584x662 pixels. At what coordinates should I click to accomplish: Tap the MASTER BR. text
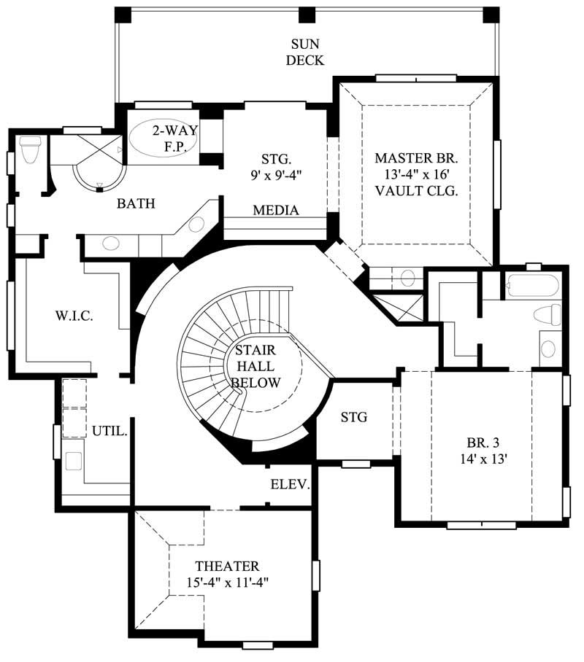[x=416, y=158]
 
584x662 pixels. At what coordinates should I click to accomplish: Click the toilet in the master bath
[x=31, y=150]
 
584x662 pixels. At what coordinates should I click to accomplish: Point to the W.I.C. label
[x=73, y=316]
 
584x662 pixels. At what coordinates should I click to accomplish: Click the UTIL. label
[x=109, y=431]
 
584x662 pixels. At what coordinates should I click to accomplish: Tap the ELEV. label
[x=291, y=485]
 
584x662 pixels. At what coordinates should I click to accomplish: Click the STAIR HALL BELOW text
[x=255, y=367]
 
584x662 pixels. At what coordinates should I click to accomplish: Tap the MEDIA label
[x=276, y=211]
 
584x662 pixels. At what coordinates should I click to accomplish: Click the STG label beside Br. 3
[x=354, y=418]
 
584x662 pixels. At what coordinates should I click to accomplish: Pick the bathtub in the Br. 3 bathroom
[x=531, y=285]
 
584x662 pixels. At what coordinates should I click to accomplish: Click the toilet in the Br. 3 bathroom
[x=547, y=315]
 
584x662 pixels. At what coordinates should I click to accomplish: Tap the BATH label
[x=136, y=203]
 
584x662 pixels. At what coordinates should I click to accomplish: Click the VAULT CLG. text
[x=416, y=192]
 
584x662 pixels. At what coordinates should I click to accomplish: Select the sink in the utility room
[x=73, y=461]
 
